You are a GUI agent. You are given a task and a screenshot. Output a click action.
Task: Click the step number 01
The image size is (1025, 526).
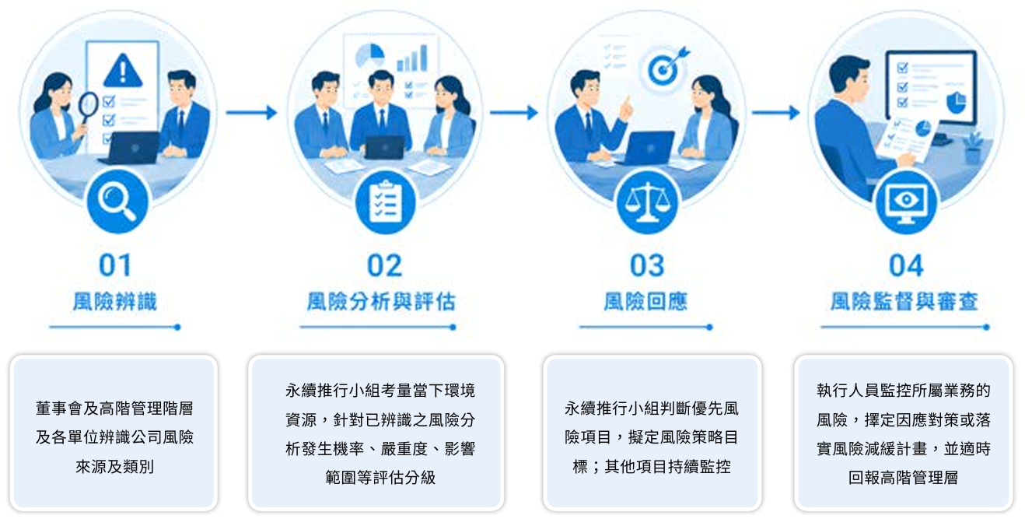pos(115,265)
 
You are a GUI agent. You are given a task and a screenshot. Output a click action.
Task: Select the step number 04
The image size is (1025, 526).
pos(906,265)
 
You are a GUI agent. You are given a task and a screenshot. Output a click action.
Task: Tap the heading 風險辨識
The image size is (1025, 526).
pos(115,302)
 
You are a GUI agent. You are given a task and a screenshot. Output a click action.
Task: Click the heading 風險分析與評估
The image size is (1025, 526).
pos(381,302)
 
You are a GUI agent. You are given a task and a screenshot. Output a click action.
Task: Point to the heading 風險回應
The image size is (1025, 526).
pos(645,302)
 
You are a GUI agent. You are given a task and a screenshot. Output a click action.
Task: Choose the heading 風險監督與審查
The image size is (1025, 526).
pos(904,302)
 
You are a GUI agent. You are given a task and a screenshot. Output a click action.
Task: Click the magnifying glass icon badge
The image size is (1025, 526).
pos(117,202)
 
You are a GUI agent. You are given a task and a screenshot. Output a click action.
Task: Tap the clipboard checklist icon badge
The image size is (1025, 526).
pos(385,202)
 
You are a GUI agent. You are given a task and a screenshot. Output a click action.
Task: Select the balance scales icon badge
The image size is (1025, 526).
pos(646,202)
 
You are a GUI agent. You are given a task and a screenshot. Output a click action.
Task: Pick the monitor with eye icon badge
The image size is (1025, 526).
pos(907,202)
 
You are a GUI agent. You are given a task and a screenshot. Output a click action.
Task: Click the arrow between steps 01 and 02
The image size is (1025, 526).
pos(252,113)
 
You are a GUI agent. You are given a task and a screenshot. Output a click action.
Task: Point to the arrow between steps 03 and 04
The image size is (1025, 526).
pos(775,113)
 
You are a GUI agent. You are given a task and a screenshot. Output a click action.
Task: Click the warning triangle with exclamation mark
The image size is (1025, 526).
pos(123,71)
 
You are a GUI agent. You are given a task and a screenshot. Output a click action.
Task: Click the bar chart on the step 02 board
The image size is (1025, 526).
pos(412,58)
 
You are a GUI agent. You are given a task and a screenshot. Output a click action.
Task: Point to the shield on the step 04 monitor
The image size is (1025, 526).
pos(956,103)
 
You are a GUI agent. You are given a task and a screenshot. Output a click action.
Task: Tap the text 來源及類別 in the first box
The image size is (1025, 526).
pos(115,467)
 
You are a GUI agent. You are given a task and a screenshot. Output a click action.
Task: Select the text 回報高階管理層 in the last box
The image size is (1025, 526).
pos(903,478)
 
